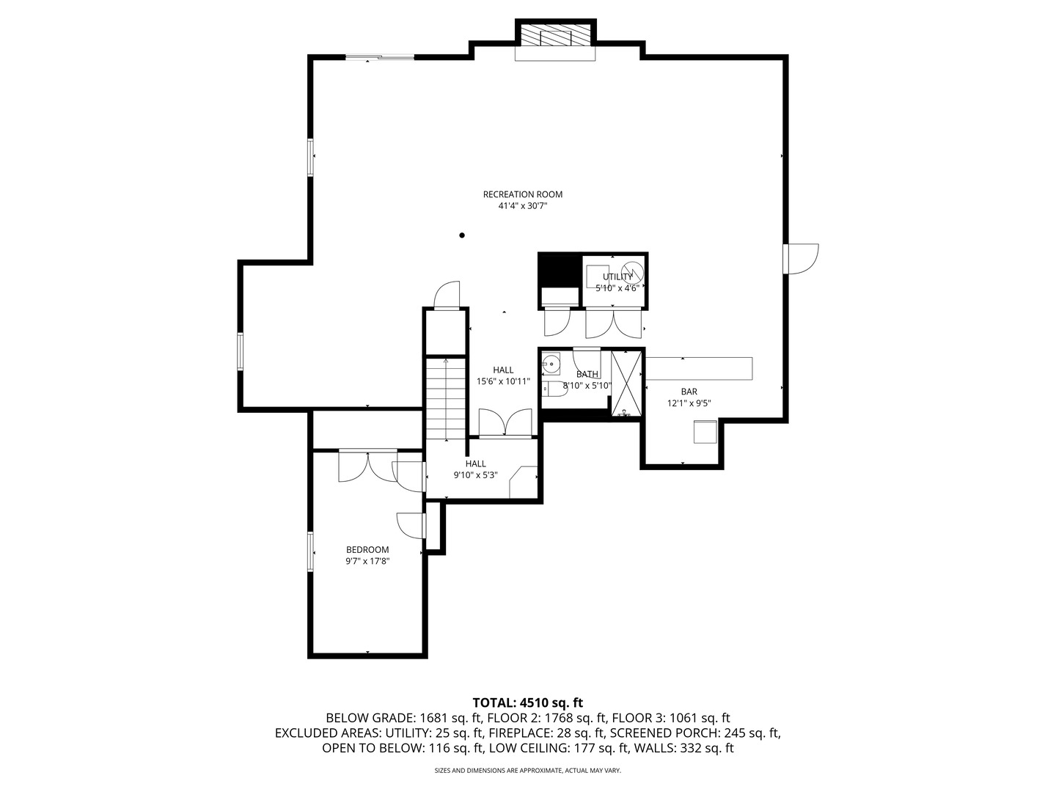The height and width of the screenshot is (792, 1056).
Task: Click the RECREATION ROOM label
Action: [x=522, y=194]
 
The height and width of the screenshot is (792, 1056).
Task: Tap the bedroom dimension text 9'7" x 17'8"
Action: [x=367, y=562]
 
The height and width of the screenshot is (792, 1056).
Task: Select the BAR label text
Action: [x=689, y=392]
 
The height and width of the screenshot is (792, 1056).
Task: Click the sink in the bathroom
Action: [x=551, y=363]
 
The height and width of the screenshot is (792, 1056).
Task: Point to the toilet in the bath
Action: [x=554, y=392]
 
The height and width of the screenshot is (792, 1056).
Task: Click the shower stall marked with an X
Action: [x=626, y=383]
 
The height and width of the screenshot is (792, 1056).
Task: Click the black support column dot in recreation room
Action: [x=462, y=235]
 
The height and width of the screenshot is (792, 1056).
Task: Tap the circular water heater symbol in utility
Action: [x=631, y=271]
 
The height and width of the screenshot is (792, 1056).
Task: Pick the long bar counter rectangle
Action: [x=700, y=368]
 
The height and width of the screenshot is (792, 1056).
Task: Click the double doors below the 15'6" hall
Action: [x=505, y=424]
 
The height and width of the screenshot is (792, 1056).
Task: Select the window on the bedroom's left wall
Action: [x=311, y=551]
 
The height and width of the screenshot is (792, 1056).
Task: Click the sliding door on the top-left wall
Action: [x=379, y=57]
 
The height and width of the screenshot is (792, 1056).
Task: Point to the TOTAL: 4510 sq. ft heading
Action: [x=527, y=703]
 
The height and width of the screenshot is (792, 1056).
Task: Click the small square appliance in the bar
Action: [x=705, y=432]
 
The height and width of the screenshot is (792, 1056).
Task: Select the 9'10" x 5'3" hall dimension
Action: [x=475, y=475]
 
